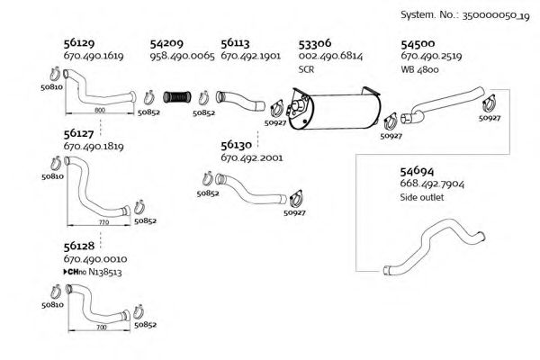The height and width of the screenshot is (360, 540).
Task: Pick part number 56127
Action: point(80,133)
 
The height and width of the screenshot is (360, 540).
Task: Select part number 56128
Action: point(80,245)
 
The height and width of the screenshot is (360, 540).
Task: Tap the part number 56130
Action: point(238,144)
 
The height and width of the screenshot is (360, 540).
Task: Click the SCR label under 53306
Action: point(306,68)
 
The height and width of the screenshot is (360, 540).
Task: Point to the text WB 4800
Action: point(419,68)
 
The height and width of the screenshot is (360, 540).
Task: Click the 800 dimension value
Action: point(99,109)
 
